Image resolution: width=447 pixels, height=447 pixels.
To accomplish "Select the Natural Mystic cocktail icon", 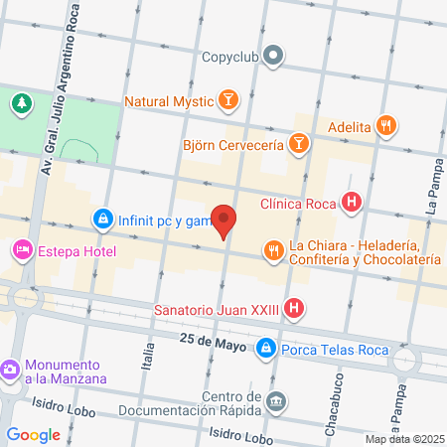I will [x=228, y=100].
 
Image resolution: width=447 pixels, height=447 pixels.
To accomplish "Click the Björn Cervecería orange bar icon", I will [x=298, y=145].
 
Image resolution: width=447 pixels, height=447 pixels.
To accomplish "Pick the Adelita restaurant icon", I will [x=387, y=126].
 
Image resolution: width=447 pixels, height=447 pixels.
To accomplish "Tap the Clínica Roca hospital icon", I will [x=350, y=205].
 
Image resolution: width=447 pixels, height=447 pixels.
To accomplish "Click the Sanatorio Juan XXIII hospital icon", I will [x=293, y=309].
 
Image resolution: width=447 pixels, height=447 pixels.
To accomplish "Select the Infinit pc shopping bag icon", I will [x=102, y=219].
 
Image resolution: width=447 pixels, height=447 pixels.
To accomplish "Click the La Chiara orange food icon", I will [x=272, y=250].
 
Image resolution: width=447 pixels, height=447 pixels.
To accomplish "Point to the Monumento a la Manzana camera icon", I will [x=11, y=370].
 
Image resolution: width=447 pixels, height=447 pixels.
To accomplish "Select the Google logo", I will [x=33, y=434].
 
